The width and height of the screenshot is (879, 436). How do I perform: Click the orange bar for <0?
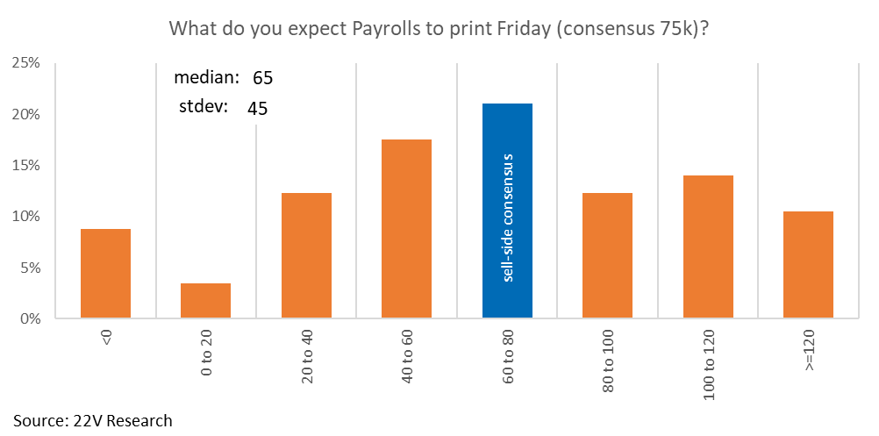[x=105, y=273]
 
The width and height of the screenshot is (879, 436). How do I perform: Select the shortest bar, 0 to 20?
[x=205, y=300]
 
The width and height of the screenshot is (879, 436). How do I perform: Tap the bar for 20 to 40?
[x=306, y=255]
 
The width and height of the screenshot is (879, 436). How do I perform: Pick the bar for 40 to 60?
[x=406, y=228]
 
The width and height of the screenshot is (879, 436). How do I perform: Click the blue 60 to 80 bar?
[x=507, y=211]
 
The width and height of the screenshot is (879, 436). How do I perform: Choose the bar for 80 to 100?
[x=607, y=255]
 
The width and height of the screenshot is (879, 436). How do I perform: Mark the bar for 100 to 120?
[x=708, y=247]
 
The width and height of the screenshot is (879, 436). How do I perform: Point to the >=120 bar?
[x=808, y=264]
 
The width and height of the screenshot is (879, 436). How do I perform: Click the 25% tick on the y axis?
[x=26, y=63]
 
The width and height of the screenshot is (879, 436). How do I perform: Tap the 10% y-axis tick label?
[x=26, y=217]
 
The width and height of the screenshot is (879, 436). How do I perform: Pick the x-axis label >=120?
[x=809, y=351]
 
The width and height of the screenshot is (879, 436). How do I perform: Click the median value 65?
[x=263, y=78]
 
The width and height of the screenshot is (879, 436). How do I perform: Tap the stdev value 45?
[x=257, y=109]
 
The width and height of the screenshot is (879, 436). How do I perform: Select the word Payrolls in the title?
[x=402, y=29]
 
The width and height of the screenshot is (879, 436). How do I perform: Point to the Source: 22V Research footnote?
[x=93, y=420]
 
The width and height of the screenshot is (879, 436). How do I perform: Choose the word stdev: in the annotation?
[x=202, y=107]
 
